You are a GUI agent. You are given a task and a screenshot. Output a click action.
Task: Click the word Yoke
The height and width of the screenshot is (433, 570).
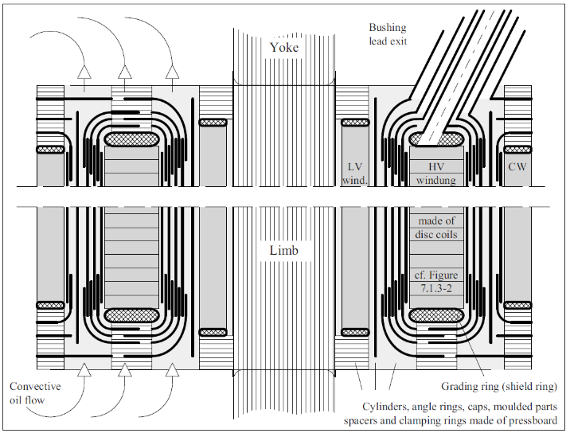(283, 48)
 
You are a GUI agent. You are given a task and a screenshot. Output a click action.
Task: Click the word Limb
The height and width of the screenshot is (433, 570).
(283, 251)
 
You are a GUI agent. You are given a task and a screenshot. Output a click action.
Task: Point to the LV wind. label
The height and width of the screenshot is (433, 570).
(354, 173)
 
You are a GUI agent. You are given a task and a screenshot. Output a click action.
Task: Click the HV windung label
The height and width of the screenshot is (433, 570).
(435, 173)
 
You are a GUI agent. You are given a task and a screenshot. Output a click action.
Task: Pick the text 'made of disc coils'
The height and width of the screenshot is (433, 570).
(435, 227)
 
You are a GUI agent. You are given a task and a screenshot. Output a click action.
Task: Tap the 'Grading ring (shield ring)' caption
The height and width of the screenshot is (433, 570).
(499, 387)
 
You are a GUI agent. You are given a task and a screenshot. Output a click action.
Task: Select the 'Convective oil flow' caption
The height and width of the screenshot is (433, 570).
(35, 393)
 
